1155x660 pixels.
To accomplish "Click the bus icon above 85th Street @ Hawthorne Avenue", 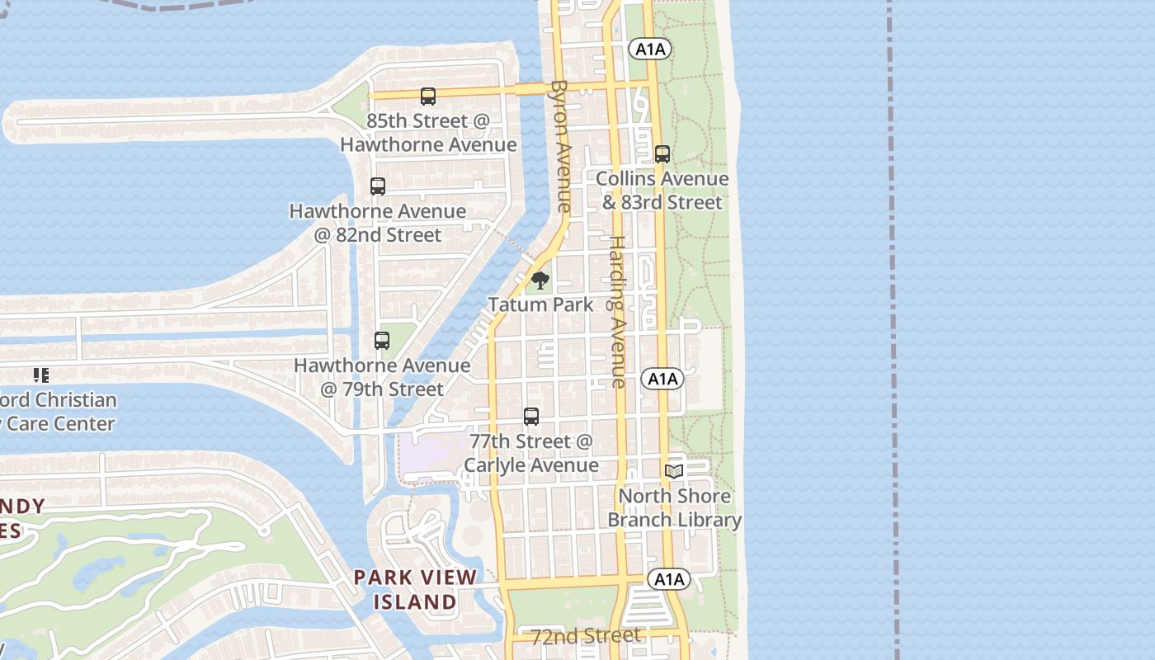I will click(427, 97).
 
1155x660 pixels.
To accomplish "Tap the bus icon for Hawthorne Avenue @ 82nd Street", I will click(378, 186).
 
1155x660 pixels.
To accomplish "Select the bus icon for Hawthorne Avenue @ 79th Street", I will click(382, 340).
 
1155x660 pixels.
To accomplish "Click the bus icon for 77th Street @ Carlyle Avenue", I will click(531, 417).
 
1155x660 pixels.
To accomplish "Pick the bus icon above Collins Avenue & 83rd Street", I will click(662, 154).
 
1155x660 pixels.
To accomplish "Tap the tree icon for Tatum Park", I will click(540, 280).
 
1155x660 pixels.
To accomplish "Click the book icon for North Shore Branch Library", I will click(674, 471).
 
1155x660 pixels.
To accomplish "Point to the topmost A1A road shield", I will click(650, 49).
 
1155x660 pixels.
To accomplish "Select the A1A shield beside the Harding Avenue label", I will click(662, 379).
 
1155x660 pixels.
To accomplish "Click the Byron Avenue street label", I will click(561, 146).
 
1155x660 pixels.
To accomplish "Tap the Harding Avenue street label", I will click(617, 312).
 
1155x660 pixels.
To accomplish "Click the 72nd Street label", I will click(586, 636).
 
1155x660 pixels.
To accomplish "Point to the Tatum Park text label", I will click(540, 304).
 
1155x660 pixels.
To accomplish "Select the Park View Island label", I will click(415, 589).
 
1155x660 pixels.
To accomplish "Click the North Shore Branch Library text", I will click(675, 508).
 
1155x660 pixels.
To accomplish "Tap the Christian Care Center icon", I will click(41, 376).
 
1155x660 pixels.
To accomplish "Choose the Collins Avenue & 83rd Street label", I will click(662, 191).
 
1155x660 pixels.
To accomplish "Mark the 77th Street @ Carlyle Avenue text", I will click(530, 454).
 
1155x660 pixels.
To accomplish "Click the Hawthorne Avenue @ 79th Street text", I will click(382, 376).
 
